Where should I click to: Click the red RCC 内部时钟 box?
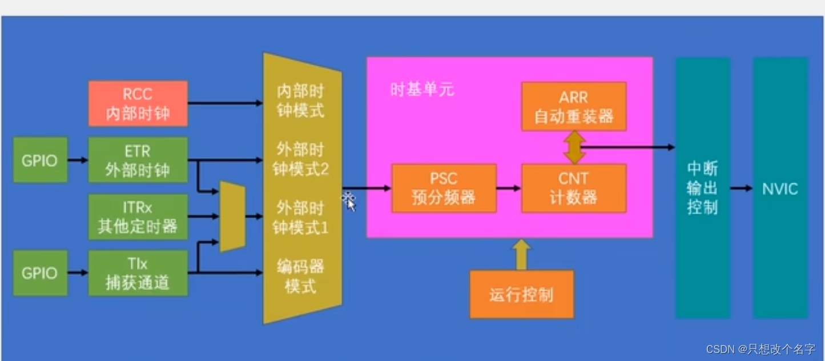tap(138, 103)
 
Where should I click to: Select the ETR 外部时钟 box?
tap(138, 160)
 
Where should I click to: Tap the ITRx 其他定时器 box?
tap(138, 216)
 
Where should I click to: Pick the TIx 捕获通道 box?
tap(138, 273)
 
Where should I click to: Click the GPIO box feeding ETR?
tap(39, 160)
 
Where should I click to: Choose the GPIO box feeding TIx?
tap(39, 273)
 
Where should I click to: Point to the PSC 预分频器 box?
tap(444, 188)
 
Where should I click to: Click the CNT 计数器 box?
tap(573, 188)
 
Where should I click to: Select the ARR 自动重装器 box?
tap(573, 107)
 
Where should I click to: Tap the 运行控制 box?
tap(521, 295)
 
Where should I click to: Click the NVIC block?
tap(780, 188)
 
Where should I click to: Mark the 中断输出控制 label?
tap(702, 188)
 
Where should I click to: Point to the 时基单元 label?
tap(422, 90)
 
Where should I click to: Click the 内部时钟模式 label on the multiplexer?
tap(300, 101)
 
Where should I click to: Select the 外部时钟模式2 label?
tap(300, 159)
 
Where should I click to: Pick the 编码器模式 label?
tap(300, 276)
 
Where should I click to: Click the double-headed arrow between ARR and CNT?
tap(573, 147)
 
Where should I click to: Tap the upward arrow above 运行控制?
tap(521, 254)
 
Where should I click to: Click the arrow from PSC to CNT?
tap(509, 188)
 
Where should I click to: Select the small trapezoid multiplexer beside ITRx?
tap(232, 216)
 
